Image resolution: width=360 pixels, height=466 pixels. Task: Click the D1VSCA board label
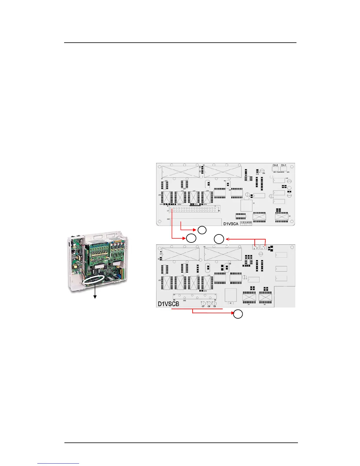click(231, 224)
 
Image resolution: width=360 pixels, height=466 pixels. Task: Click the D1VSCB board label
click(169, 304)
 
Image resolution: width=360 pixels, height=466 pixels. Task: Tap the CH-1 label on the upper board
click(284, 165)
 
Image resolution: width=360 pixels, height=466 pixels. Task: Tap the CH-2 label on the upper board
click(275, 165)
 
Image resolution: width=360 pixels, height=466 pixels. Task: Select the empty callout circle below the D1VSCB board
click(238, 314)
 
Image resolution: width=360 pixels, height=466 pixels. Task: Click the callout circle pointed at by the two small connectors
click(219, 239)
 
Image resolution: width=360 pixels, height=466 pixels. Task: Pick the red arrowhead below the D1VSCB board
click(232, 312)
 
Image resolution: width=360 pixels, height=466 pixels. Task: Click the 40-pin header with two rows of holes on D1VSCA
click(196, 209)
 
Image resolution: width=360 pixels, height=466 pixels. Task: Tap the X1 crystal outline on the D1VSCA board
click(246, 205)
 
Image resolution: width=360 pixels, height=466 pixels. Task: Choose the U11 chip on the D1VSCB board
click(167, 283)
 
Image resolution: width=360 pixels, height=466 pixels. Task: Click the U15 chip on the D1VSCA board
click(208, 197)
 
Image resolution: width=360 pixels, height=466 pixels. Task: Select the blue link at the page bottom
click(58, 464)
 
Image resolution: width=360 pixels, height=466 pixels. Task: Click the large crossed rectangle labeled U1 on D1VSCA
click(180, 172)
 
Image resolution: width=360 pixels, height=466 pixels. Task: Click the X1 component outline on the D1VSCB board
click(231, 295)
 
